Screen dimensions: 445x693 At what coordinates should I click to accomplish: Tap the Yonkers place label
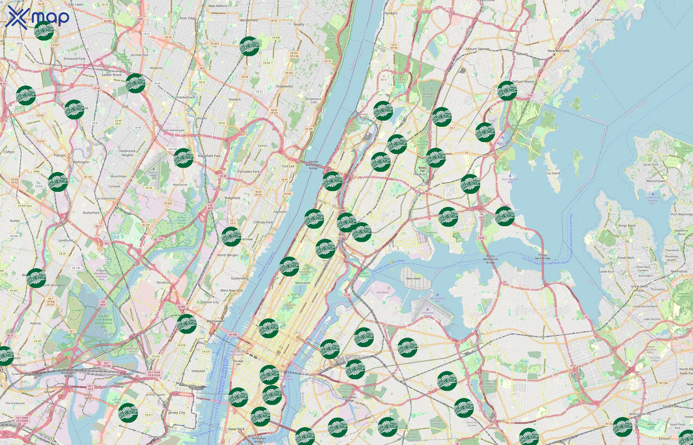pyautogui.click(x=391, y=13)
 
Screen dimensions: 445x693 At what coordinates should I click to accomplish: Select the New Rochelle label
pyautogui.click(x=558, y=51)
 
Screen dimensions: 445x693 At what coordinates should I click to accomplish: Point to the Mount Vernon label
pyautogui.click(x=477, y=49)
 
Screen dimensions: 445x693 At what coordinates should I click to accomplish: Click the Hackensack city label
pyautogui.click(x=186, y=97)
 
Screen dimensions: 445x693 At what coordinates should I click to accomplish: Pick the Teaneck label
pyautogui.click(x=235, y=99)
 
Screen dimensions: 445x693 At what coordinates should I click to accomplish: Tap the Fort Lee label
pyautogui.click(x=288, y=166)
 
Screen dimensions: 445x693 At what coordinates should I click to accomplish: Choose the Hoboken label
pyautogui.click(x=198, y=371)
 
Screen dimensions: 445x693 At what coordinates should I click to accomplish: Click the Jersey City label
pyautogui.click(x=177, y=413)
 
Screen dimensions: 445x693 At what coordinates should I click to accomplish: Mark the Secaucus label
pyautogui.click(x=163, y=282)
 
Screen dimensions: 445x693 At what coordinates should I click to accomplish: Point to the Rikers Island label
pyautogui.click(x=413, y=279)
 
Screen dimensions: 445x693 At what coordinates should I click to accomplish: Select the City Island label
pyautogui.click(x=553, y=173)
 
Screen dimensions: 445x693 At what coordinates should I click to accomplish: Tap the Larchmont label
pyautogui.click(x=603, y=20)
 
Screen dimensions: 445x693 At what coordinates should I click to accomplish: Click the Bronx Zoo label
pyautogui.click(x=422, y=169)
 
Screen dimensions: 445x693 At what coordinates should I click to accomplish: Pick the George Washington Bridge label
pyautogui.click(x=313, y=165)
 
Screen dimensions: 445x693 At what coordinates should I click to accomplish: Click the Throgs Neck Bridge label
pyautogui.click(x=543, y=257)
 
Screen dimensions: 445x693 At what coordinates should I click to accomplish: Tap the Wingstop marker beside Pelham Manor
pyautogui.click(x=507, y=91)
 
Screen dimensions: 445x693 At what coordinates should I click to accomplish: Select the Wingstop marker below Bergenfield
pyautogui.click(x=249, y=46)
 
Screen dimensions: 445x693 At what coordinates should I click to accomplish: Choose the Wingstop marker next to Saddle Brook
pyautogui.click(x=135, y=83)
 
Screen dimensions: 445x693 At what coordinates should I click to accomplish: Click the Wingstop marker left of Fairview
pyautogui.click(x=231, y=237)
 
